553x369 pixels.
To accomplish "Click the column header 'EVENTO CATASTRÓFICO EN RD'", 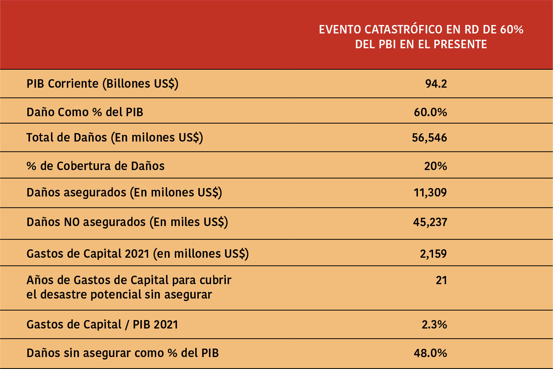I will coord(421,30).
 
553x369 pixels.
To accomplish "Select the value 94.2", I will coord(436,84).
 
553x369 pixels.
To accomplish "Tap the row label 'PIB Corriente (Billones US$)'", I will coord(102,84).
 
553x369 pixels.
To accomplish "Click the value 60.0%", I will coord(430,112).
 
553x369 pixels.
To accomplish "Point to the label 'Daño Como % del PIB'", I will coord(85,112).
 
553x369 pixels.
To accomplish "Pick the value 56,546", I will coord(429,138).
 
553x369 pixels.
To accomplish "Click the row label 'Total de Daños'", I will coord(66,138).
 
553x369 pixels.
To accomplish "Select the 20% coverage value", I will coord(435,166).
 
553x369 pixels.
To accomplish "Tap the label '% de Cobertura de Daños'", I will coord(95,166).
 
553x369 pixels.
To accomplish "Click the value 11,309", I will coord(430,193).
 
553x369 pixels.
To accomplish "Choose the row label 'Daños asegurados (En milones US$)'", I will coord(124,193).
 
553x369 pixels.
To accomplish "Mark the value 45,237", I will coord(430,222).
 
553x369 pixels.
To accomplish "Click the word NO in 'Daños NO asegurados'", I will coord(72,222).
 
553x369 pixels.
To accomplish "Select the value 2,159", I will coord(433,254).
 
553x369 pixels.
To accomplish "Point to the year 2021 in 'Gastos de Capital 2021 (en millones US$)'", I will coord(137,254).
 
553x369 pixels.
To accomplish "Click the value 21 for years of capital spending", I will coord(441,280).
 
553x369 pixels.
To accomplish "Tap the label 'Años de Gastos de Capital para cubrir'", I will coord(129,280).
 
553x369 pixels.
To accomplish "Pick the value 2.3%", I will coord(434,325).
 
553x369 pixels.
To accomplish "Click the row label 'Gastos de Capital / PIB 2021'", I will coord(102,325).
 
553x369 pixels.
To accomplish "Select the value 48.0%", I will coord(430,353).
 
